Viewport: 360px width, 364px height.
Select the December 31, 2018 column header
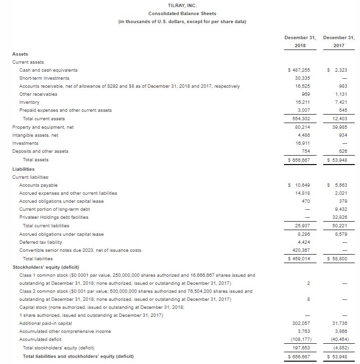point(300,41)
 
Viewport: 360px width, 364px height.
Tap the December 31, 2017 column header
point(339,41)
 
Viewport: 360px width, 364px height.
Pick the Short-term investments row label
point(44,78)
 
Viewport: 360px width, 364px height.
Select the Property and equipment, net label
point(43,127)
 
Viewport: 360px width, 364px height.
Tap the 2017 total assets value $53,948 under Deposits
point(337,160)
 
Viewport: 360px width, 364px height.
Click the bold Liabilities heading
point(23,169)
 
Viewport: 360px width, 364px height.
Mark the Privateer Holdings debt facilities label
point(54,217)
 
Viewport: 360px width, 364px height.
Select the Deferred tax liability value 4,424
point(302,242)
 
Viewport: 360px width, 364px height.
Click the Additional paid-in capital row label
point(46,323)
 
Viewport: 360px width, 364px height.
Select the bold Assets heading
point(20,54)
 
